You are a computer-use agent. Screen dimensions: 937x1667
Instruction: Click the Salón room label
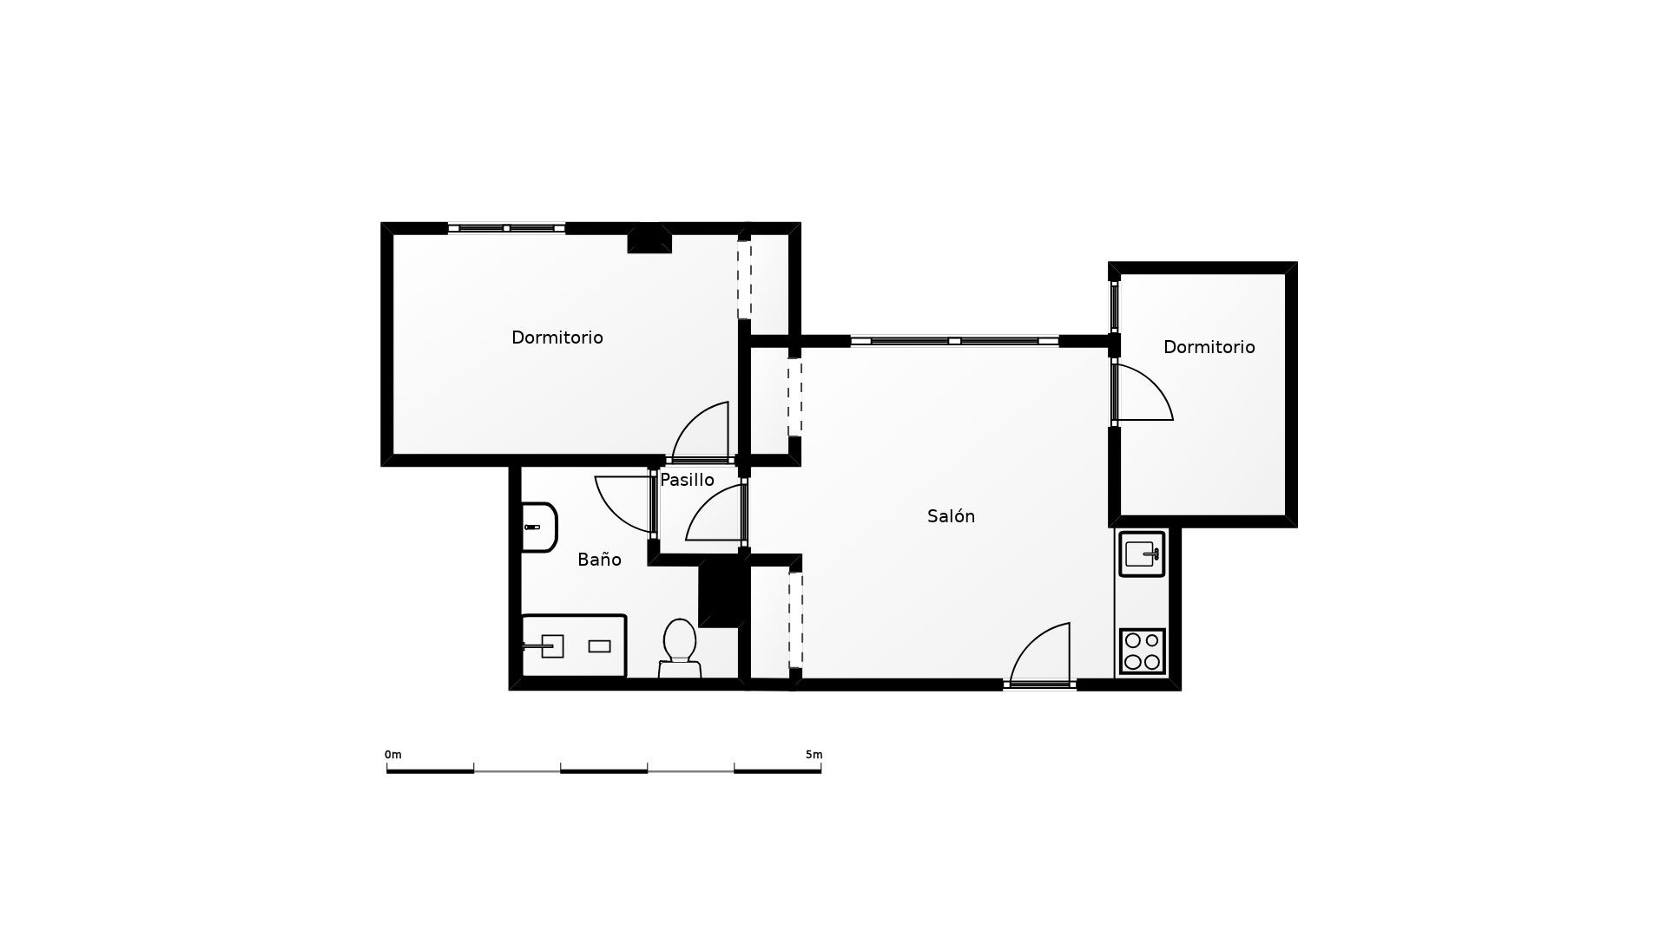(x=951, y=516)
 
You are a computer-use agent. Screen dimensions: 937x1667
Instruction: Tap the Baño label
(x=599, y=560)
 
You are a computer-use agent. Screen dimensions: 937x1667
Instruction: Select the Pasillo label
(x=687, y=480)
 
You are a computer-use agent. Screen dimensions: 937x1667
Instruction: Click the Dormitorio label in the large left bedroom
(x=557, y=337)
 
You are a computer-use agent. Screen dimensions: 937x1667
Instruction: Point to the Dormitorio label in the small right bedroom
(x=1209, y=347)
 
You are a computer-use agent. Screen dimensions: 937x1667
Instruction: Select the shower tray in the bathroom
(x=573, y=645)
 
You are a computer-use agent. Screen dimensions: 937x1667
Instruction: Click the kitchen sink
(x=1142, y=554)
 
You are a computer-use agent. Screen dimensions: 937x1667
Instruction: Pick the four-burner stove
(x=1143, y=651)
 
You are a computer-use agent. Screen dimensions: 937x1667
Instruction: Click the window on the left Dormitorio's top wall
(x=506, y=228)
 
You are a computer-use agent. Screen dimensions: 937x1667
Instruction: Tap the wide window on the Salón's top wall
(x=954, y=341)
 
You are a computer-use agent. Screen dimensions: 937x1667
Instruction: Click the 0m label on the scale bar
(x=393, y=755)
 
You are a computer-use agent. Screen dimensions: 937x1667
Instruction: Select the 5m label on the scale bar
(x=814, y=755)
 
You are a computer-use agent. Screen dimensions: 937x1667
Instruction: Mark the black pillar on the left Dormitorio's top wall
(x=649, y=239)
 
